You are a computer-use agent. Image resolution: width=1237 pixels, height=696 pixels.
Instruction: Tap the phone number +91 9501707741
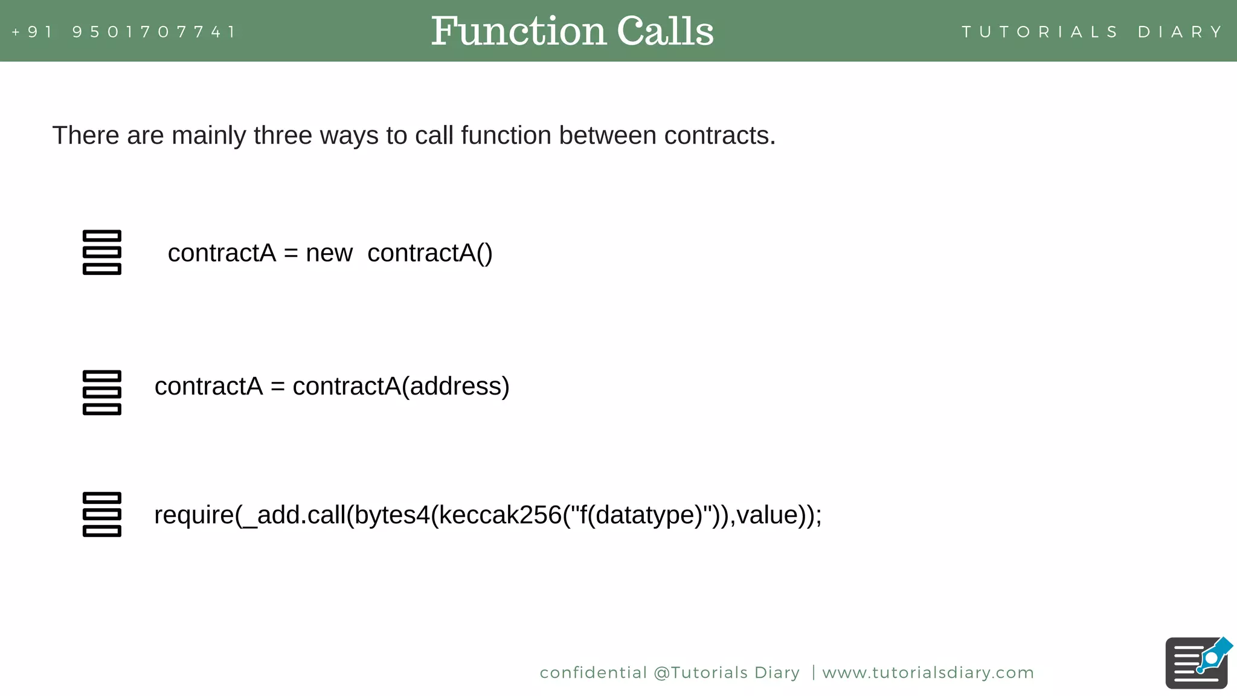[x=124, y=31]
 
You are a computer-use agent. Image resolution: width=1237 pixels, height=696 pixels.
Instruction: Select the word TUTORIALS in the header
[x=1039, y=31]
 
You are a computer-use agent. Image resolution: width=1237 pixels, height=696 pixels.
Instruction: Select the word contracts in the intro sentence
[x=719, y=135]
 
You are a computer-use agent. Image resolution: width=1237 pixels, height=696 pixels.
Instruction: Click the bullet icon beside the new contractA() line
[x=101, y=253]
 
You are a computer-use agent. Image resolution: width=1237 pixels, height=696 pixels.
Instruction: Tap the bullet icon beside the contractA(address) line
[x=101, y=393]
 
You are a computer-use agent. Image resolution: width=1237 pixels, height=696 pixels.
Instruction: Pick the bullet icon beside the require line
[x=101, y=514]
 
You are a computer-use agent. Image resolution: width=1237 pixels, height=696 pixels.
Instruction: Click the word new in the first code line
[x=329, y=253]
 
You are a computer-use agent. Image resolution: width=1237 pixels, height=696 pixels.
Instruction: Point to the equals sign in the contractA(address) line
[x=277, y=387]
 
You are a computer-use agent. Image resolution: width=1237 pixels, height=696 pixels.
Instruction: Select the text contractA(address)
[x=401, y=387]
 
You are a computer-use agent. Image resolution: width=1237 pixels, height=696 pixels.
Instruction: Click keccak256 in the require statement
[x=500, y=515]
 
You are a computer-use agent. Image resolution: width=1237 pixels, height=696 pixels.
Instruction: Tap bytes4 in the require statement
[x=392, y=515]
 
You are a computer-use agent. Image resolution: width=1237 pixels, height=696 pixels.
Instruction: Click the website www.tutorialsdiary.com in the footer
[x=928, y=672]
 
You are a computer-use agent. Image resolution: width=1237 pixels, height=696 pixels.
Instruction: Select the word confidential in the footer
[x=593, y=672]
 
